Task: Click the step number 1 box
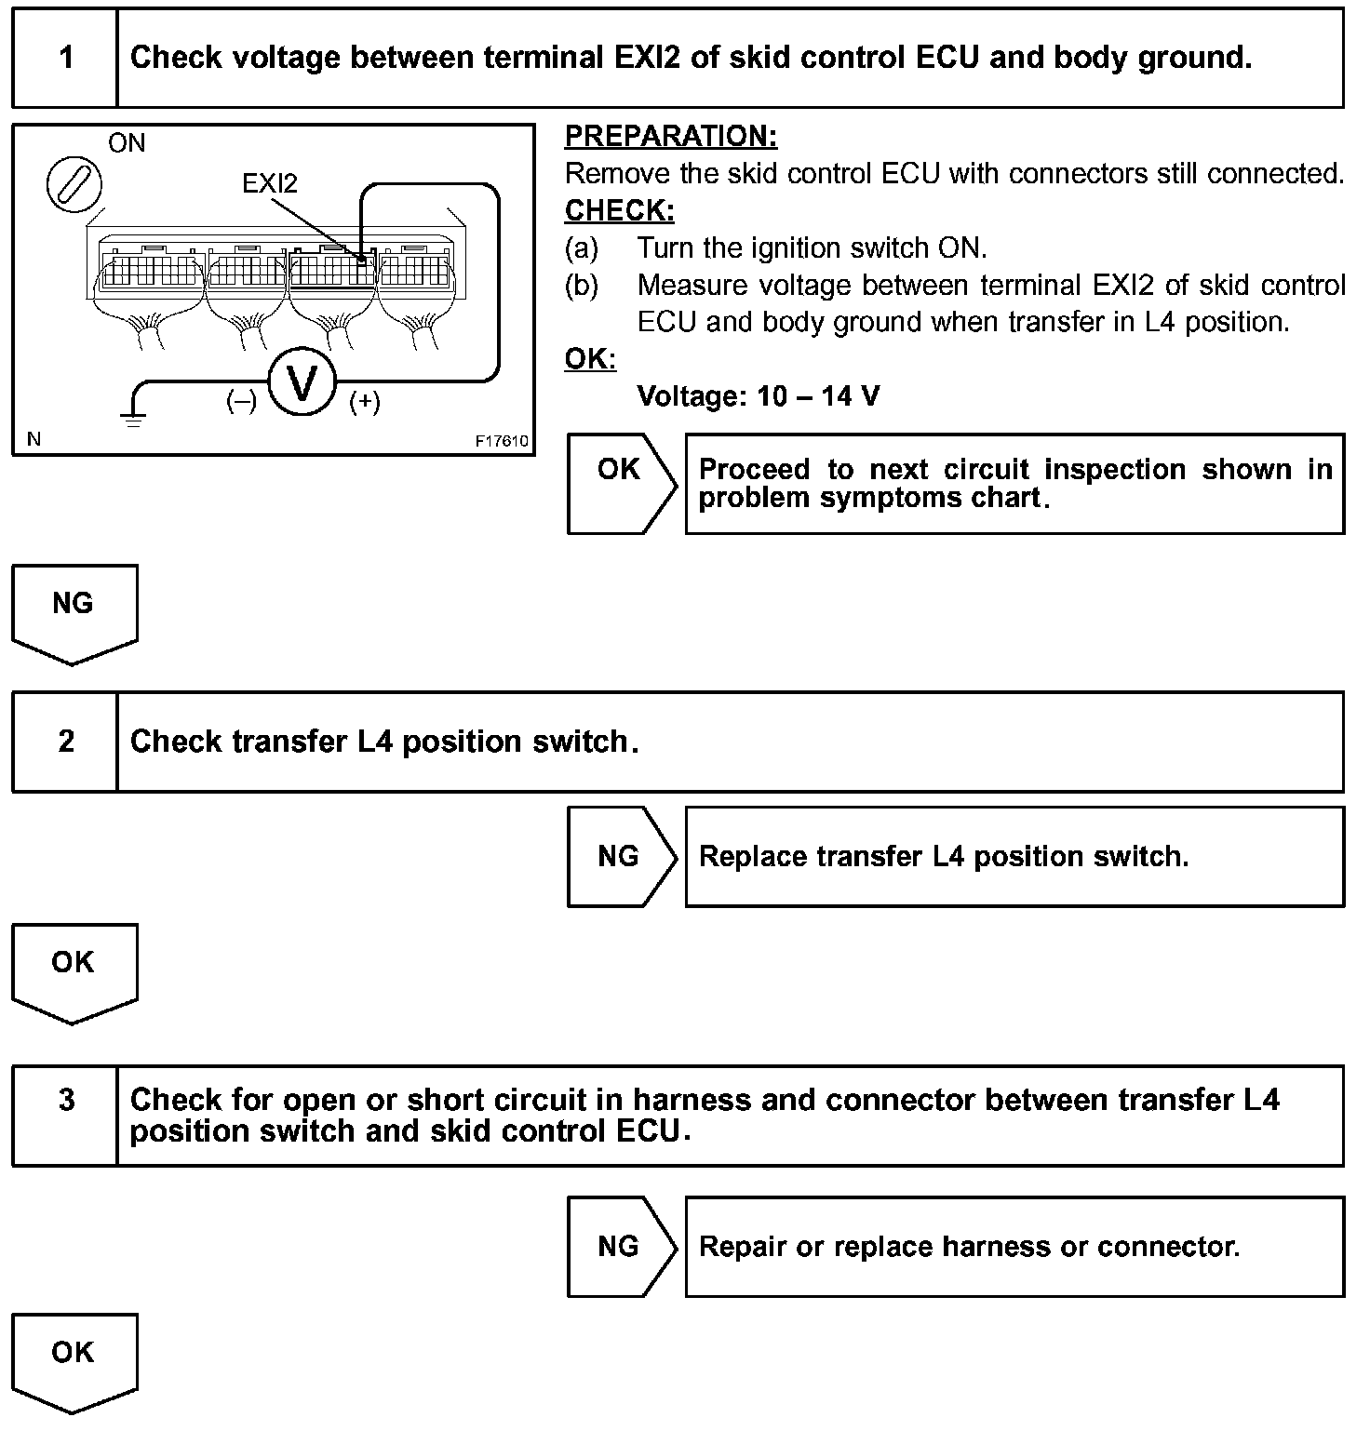tap(65, 58)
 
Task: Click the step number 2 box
tap(65, 742)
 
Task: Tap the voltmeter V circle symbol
tap(301, 382)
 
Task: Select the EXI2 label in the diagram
tap(270, 183)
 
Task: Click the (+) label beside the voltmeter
tap(364, 402)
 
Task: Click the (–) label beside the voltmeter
tap(241, 402)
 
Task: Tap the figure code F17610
tap(502, 441)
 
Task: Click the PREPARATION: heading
tap(671, 137)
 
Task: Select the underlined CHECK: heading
tap(619, 211)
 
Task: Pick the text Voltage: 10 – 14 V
tap(758, 397)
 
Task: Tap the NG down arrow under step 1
tap(74, 610)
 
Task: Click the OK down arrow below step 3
tap(74, 1359)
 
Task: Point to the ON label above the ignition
tap(127, 143)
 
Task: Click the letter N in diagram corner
tap(34, 439)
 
